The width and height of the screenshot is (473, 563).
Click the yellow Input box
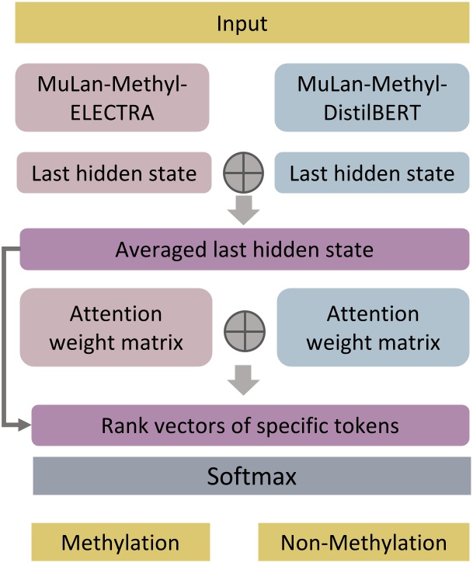point(242,23)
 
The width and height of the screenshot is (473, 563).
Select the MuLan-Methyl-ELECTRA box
point(113,96)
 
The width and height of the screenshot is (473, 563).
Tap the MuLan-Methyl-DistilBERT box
point(371,96)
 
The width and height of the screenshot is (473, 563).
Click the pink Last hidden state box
point(113,173)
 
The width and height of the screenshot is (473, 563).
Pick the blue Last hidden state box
point(371,173)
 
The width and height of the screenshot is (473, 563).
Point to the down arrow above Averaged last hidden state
point(242,208)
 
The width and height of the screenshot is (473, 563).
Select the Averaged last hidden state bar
point(245,250)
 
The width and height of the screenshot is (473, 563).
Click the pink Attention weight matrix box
point(116,327)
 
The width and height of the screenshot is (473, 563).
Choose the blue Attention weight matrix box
point(373,327)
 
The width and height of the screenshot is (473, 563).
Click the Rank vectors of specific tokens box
point(251,425)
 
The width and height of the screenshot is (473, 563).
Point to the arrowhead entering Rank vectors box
point(26,425)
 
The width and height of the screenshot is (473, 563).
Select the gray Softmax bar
point(251,476)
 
